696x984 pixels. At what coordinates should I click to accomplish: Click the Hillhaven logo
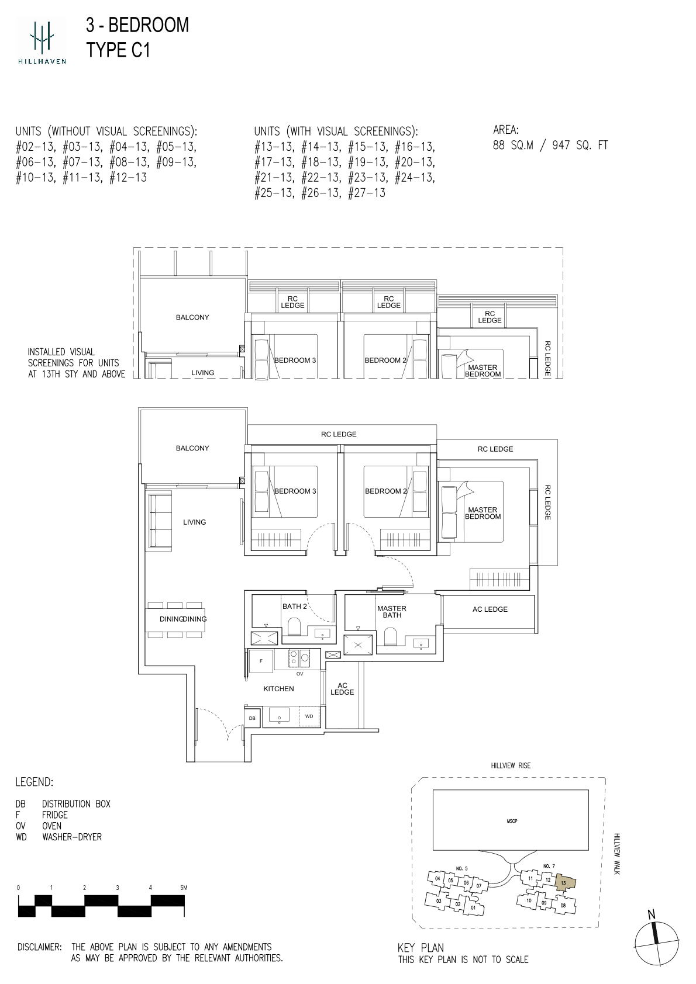42,40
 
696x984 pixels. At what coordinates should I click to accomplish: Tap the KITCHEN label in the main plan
278,688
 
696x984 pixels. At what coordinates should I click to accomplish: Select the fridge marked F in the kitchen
261,661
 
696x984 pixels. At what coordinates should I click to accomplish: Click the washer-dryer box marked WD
309,716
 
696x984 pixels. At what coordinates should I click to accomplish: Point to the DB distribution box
252,718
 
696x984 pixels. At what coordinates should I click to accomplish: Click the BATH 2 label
295,606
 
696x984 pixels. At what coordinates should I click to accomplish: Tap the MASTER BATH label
392,611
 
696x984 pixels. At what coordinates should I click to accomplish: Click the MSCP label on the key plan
512,820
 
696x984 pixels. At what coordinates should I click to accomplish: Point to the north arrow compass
656,943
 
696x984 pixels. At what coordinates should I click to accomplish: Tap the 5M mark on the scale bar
183,888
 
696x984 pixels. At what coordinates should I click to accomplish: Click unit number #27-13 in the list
367,193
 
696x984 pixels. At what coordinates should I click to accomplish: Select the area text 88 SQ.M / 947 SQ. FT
550,145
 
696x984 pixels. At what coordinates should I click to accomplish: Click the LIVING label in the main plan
194,522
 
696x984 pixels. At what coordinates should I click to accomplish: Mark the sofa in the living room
160,522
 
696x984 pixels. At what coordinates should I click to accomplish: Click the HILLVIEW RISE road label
511,765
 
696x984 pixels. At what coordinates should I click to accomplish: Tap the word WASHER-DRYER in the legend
72,837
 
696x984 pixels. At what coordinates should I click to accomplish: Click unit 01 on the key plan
473,907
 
